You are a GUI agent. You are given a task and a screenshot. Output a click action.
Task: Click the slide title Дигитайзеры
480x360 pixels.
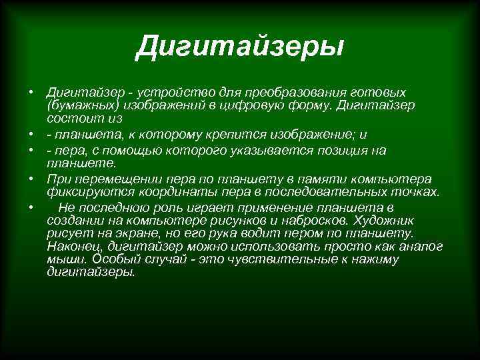(239, 48)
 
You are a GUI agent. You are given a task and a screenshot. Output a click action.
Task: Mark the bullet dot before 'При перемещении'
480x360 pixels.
(31, 179)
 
